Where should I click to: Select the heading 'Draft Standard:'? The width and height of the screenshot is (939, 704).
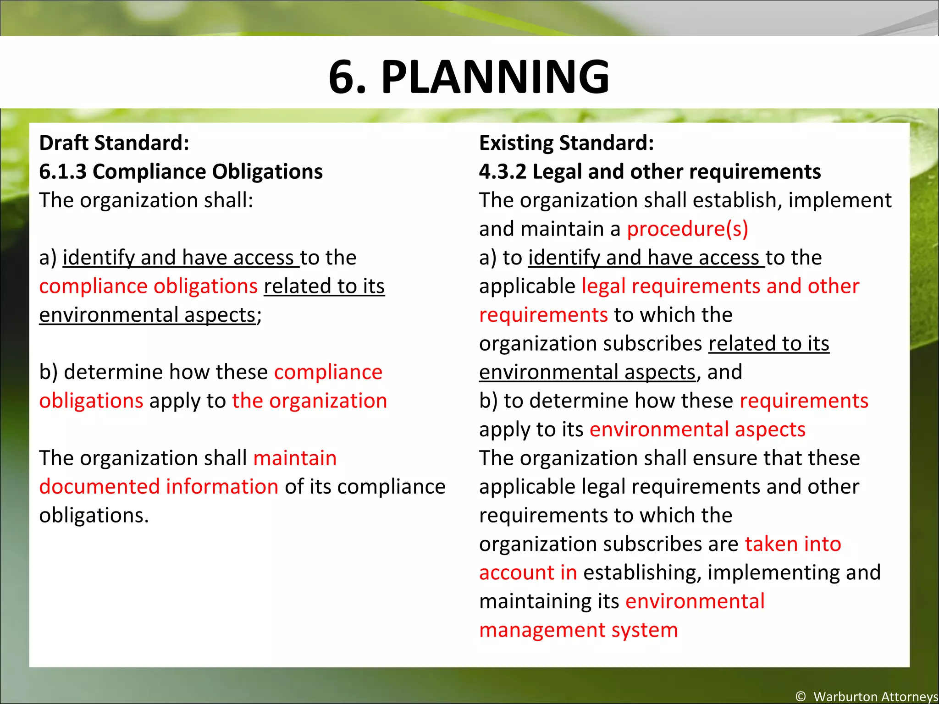point(114,143)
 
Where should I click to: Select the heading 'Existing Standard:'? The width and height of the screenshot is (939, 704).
point(566,143)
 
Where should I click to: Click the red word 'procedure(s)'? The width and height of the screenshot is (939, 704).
point(687,229)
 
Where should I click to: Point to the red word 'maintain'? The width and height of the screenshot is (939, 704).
point(295,458)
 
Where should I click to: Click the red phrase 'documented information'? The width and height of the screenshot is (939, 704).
point(159,487)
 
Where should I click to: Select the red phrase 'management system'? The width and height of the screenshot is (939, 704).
point(578,630)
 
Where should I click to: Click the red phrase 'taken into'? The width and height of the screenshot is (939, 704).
point(793,544)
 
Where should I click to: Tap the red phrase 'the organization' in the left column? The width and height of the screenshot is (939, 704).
point(309,401)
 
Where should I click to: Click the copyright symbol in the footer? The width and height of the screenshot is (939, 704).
point(801,696)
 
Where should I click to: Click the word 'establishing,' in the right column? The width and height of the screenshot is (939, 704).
point(642,573)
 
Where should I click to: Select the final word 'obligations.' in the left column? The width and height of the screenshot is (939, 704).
point(94,516)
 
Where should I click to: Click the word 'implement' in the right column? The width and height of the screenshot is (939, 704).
point(840,200)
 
